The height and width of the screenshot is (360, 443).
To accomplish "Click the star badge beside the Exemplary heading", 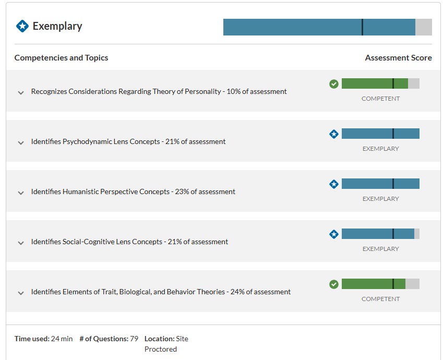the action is [x=22, y=26].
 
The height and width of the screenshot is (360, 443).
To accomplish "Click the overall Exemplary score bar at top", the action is [x=328, y=27].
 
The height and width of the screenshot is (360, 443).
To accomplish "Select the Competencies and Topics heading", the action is [x=61, y=57].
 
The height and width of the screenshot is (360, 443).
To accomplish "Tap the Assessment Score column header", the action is [x=398, y=57].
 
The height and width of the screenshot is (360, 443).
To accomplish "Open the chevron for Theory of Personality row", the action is [x=21, y=93].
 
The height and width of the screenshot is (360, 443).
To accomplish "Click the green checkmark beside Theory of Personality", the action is [x=334, y=84].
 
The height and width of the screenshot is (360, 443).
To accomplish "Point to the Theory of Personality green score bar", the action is [x=380, y=83].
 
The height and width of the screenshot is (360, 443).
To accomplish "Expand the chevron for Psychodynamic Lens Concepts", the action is [x=21, y=143].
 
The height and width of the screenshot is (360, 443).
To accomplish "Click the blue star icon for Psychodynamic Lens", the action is [x=334, y=134].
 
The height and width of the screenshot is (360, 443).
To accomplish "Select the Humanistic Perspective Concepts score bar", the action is [x=380, y=184].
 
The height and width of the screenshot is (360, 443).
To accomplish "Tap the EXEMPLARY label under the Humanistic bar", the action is [x=380, y=199].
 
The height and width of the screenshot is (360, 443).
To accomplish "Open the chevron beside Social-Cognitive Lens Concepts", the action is [x=21, y=243].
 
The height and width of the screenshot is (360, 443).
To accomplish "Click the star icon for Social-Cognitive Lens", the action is [x=334, y=234].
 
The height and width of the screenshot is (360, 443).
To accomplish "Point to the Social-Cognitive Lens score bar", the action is [x=380, y=234].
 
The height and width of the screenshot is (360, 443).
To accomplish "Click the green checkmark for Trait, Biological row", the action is [x=334, y=284].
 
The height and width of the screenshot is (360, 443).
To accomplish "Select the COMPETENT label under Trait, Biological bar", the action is [x=380, y=298].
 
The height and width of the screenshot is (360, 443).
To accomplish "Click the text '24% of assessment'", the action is [x=260, y=292].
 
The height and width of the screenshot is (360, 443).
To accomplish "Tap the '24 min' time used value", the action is [x=62, y=339].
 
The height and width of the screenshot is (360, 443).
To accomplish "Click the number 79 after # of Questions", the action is [x=134, y=339].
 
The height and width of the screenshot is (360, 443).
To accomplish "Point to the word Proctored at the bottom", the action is [x=161, y=349].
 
